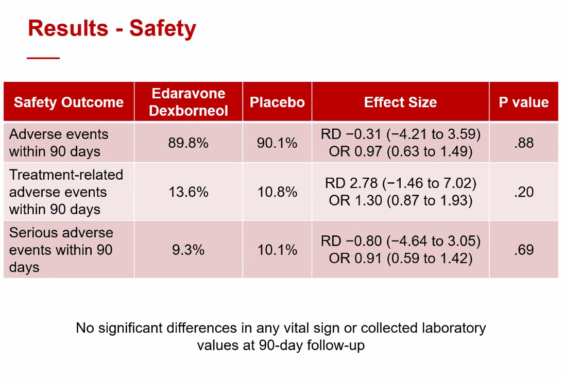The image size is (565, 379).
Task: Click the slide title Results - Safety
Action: click(112, 28)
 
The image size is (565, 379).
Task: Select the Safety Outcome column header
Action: click(69, 102)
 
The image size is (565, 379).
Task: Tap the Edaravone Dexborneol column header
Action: click(189, 102)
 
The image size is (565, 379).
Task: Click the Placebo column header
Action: click(277, 102)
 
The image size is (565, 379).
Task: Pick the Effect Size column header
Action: click(400, 102)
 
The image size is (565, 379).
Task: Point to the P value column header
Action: click(523, 102)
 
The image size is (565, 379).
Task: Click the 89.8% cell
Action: click(188, 143)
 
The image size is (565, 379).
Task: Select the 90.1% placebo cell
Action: click(277, 143)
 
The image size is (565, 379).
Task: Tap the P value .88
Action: click(523, 143)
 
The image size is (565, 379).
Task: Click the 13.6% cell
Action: click(188, 192)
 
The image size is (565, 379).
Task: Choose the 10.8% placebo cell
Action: click(277, 192)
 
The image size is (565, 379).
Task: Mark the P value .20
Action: click(523, 192)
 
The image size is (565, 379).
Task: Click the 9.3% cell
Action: click(188, 250)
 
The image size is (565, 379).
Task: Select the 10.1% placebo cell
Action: click(277, 250)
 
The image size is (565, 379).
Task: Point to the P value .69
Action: click(523, 250)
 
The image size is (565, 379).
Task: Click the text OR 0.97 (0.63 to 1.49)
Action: click(400, 151)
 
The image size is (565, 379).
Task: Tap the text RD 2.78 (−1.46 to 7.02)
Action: click(400, 183)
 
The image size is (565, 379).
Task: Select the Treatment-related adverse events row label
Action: click(66, 192)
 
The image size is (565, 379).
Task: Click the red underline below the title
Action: click(43, 58)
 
